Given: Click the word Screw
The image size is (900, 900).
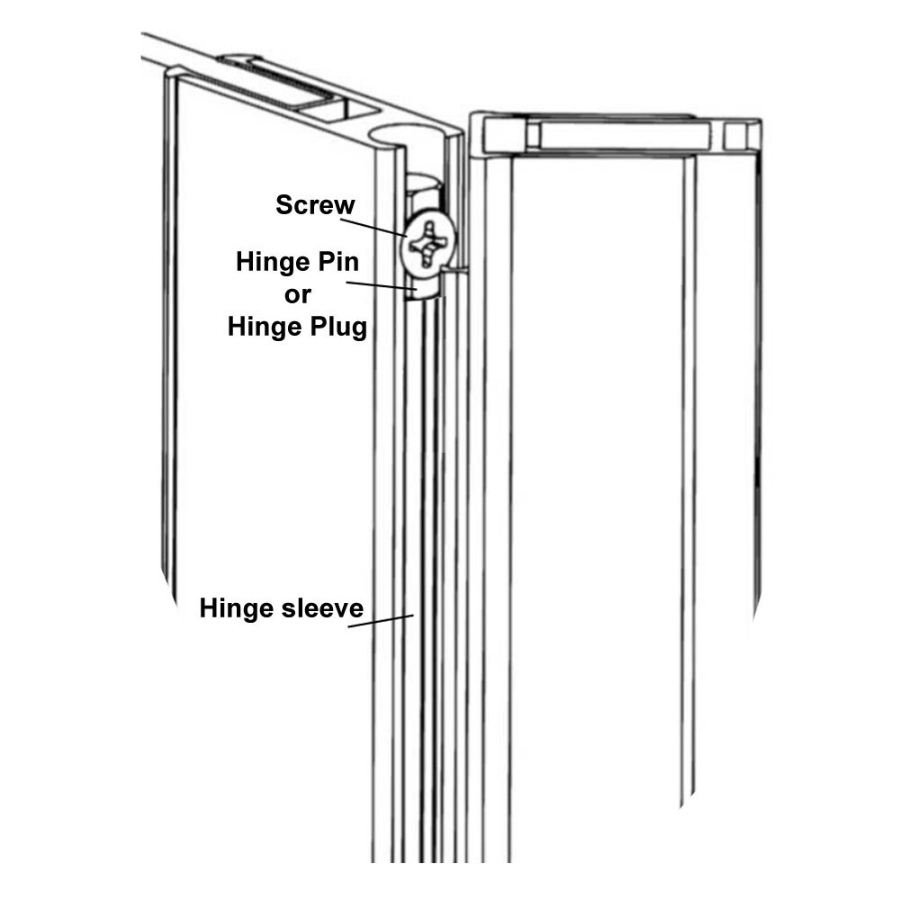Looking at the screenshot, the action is (315, 205).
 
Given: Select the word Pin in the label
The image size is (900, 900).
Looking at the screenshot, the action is (337, 263).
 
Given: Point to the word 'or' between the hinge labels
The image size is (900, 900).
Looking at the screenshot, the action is (297, 294).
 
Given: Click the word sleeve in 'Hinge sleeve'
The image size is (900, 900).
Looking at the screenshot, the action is (321, 609).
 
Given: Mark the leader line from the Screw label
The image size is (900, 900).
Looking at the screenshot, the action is (378, 226).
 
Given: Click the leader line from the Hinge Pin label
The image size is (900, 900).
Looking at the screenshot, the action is (378, 286).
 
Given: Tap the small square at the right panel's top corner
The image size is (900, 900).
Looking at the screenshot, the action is (735, 136).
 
